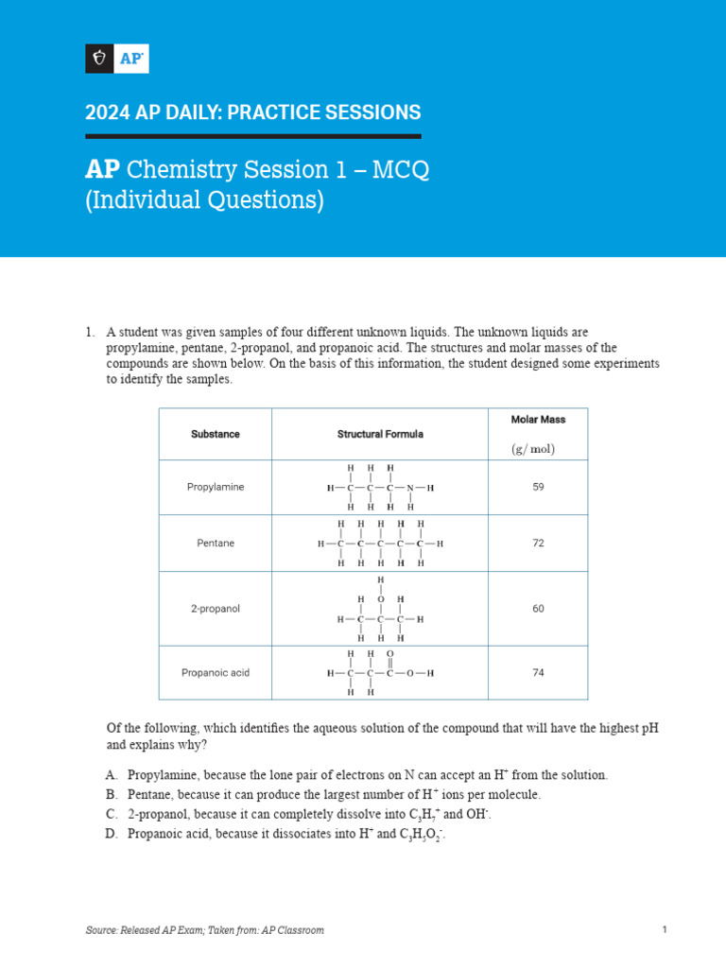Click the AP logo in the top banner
click(x=117, y=59)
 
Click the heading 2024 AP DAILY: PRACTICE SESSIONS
click(x=252, y=112)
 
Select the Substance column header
click(x=216, y=434)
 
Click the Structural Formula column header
click(x=380, y=434)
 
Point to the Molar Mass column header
click(x=537, y=419)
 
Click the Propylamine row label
click(x=216, y=487)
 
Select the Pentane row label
click(x=216, y=544)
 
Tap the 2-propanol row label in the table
click(x=216, y=609)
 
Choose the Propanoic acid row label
click(x=216, y=673)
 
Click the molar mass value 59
click(x=538, y=487)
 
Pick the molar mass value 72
click(x=538, y=544)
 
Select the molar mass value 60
click(x=538, y=609)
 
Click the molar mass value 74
click(x=538, y=673)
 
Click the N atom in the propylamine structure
click(x=410, y=488)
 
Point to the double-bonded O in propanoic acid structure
click(x=390, y=653)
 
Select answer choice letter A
click(x=112, y=775)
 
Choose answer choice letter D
click(x=112, y=835)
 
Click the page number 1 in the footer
click(x=665, y=930)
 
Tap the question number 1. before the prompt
click(x=90, y=333)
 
